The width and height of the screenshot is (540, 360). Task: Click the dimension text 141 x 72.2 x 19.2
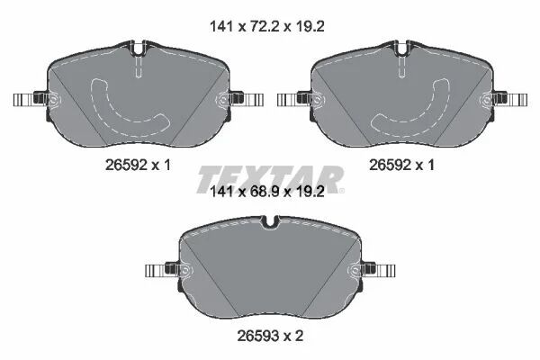267,26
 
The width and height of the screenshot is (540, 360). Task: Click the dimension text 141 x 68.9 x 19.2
267,192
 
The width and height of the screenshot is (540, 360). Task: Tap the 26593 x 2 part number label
270,336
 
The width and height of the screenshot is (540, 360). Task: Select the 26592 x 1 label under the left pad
138,165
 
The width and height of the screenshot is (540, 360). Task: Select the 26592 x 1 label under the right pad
401,165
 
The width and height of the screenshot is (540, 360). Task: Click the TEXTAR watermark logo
270,179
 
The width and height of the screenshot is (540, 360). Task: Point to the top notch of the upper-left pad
138,49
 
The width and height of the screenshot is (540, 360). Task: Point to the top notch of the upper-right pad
402,49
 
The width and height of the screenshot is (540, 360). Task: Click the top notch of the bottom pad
270,222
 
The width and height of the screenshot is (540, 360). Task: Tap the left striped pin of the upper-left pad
24,100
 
